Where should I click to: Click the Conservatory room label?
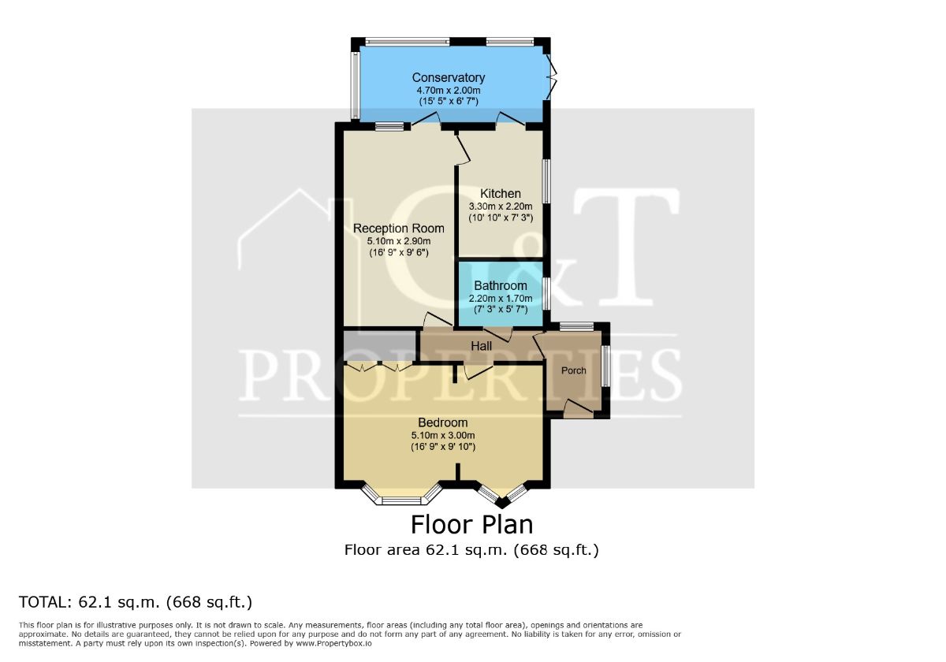(448, 78)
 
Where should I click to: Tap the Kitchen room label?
(501, 194)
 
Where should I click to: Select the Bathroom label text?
(501, 286)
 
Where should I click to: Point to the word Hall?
(481, 346)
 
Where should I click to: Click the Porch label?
(574, 370)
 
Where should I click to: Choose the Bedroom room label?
(442, 422)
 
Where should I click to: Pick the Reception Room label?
(398, 229)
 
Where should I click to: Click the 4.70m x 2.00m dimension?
(448, 91)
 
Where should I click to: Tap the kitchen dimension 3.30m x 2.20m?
(501, 206)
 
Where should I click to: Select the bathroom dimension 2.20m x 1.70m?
(501, 299)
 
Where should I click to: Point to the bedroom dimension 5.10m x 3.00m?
(442, 435)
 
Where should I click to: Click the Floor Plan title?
(471, 525)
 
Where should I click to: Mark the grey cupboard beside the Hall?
(380, 346)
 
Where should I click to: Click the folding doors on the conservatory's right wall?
(551, 77)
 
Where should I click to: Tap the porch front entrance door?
(579, 409)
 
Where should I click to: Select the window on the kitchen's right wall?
(546, 181)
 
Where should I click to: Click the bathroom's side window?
(546, 293)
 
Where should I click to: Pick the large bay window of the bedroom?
(401, 494)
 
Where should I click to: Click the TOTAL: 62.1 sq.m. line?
(136, 602)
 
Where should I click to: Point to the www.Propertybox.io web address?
(333, 644)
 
